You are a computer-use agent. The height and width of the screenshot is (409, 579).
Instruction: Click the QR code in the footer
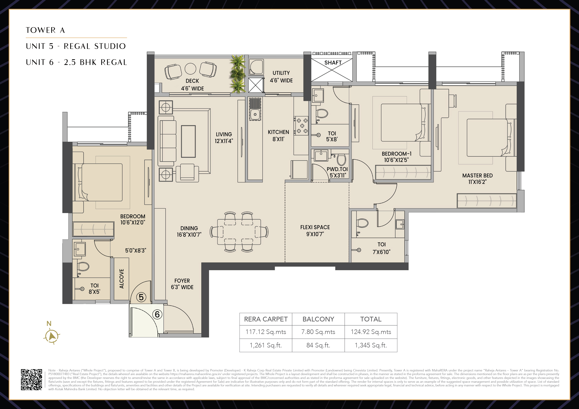click(x=32, y=380)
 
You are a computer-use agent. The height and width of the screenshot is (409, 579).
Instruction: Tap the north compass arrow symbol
click(x=52, y=336)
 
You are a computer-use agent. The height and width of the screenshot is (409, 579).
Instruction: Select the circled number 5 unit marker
click(x=141, y=297)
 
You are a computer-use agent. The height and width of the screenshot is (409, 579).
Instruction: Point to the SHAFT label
click(x=333, y=62)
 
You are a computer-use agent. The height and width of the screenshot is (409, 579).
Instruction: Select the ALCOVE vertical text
click(x=122, y=279)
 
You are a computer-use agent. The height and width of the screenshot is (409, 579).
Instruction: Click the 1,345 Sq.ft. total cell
click(x=371, y=345)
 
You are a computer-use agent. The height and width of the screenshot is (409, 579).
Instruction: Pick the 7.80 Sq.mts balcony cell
click(x=318, y=332)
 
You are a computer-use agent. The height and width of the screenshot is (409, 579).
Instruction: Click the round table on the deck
click(x=190, y=69)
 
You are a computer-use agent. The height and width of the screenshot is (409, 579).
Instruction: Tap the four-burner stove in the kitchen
click(x=301, y=125)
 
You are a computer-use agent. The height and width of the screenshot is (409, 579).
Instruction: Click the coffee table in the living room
click(x=188, y=141)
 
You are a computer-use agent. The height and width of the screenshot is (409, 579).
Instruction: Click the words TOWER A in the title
click(x=45, y=30)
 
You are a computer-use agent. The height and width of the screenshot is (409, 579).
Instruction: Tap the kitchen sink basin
click(x=255, y=115)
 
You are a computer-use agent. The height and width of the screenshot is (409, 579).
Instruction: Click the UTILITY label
click(x=281, y=73)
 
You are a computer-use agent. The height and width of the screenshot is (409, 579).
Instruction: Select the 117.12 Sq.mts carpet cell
click(x=266, y=332)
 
